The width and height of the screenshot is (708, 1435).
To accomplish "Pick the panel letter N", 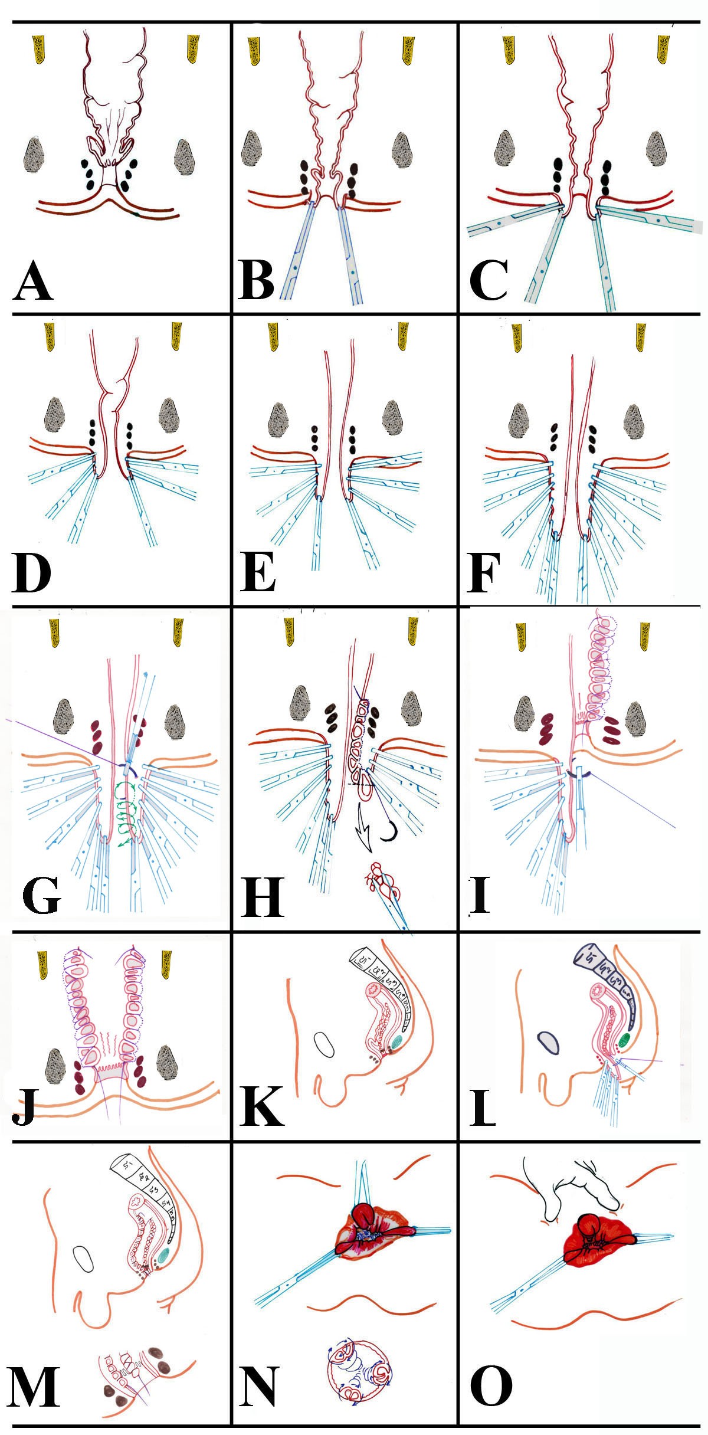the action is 258,1384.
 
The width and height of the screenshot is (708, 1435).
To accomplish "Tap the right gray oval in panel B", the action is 403,149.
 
